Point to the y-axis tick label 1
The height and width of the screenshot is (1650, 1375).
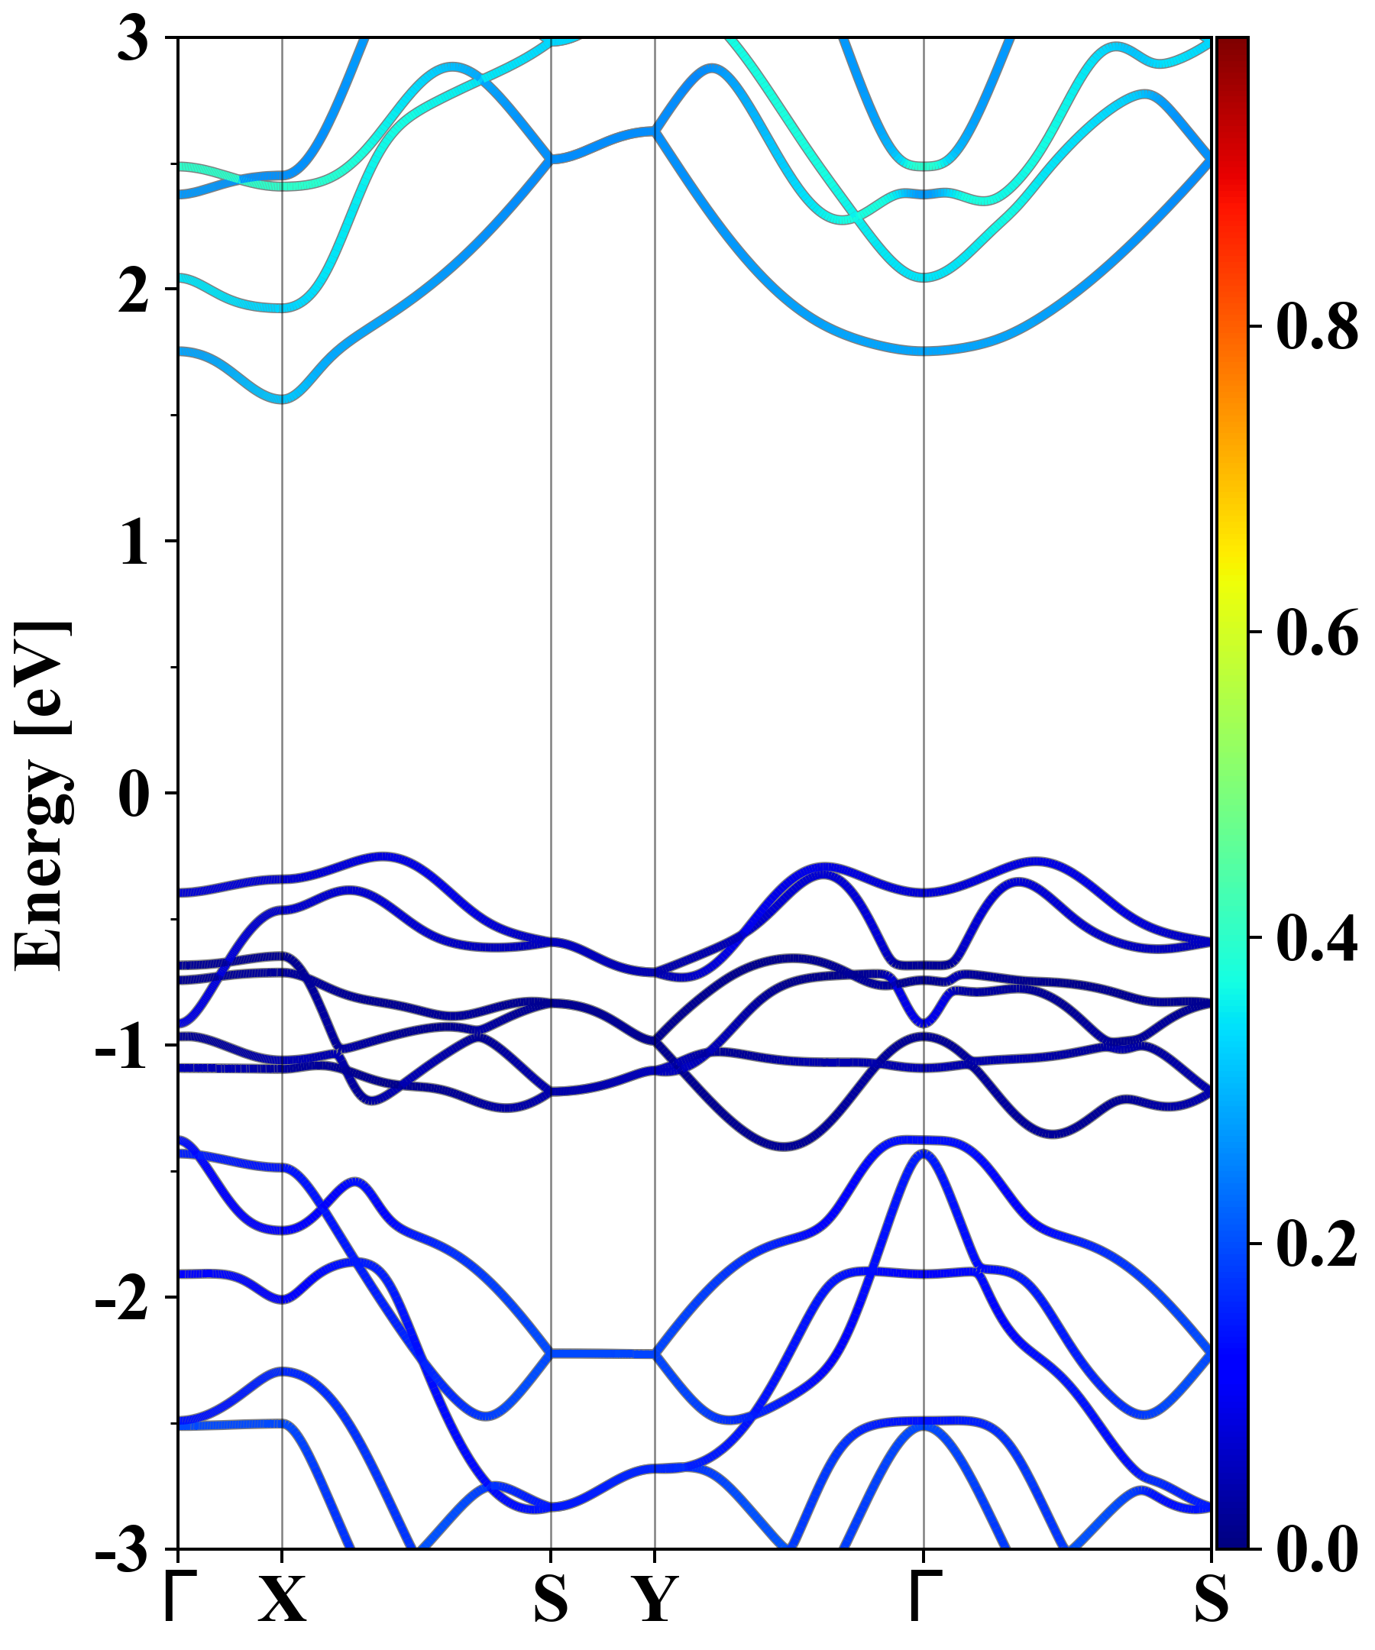(x=134, y=544)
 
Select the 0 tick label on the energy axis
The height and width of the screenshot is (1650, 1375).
(x=134, y=794)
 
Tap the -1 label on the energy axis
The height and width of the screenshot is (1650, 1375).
(x=122, y=1048)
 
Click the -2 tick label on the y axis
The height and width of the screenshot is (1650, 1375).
(x=122, y=1299)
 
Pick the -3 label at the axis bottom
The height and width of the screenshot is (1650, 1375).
(x=122, y=1551)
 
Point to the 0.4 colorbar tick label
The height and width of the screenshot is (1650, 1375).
(x=1317, y=940)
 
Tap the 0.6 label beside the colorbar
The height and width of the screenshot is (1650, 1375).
(x=1317, y=633)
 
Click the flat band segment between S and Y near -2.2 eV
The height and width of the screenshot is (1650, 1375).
(x=602, y=1354)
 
